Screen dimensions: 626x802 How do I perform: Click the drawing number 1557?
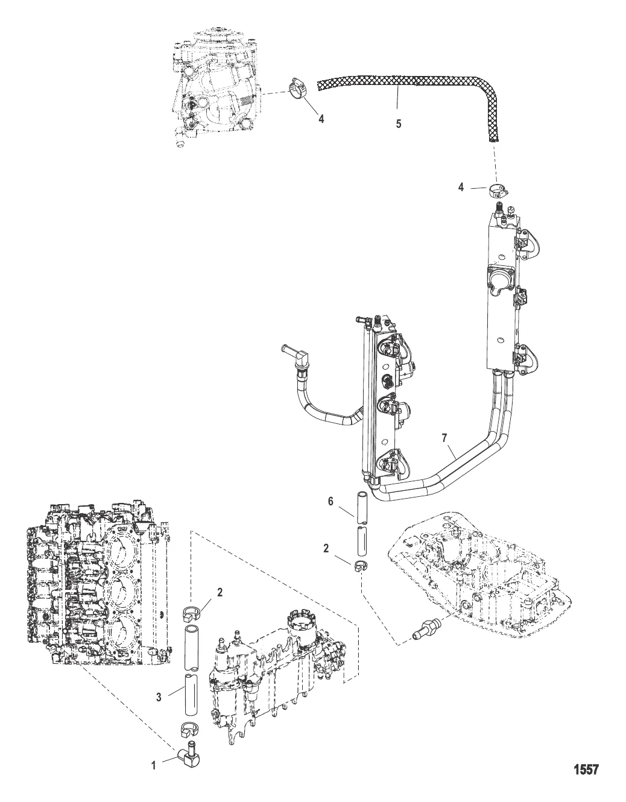586,769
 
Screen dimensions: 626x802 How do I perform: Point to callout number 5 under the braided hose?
398,123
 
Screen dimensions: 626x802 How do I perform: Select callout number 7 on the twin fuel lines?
444,438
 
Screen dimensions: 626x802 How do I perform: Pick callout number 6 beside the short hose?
330,501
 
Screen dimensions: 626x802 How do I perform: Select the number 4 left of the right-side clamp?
461,187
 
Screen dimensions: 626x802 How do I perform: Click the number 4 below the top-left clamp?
321,118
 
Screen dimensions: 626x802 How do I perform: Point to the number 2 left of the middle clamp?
326,549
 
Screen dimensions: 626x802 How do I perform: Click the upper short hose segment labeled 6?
362,507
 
